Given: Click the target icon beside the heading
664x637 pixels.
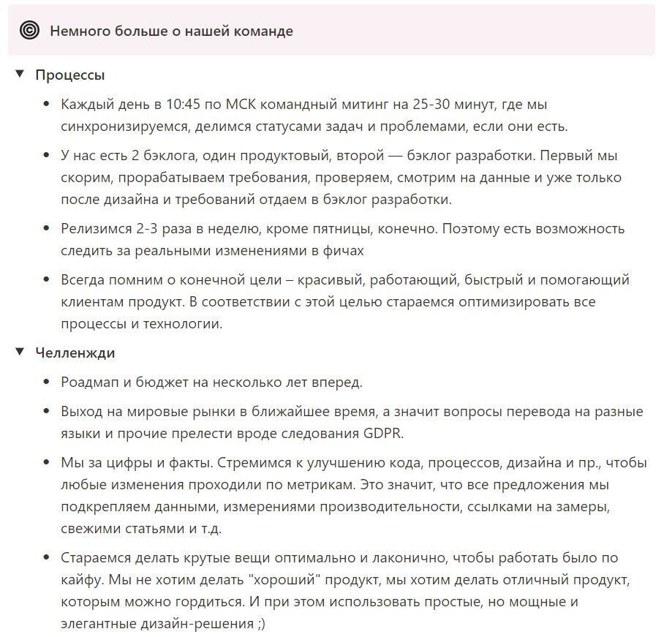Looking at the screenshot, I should pyautogui.click(x=30, y=30).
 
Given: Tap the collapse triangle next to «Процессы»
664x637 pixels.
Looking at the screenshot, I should pyautogui.click(x=20, y=75).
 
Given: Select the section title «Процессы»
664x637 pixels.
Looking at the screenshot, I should pyautogui.click(x=70, y=75).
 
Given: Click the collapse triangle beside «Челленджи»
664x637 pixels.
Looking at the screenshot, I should pyautogui.click(x=20, y=353).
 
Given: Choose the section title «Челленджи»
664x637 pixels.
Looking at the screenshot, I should pyautogui.click(x=75, y=353).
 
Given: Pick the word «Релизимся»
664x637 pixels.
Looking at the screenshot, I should pyautogui.click(x=96, y=229).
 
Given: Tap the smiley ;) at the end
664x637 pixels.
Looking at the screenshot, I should pyautogui.click(x=266, y=624).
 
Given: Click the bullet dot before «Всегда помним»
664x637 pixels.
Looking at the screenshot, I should pyautogui.click(x=48, y=280).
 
